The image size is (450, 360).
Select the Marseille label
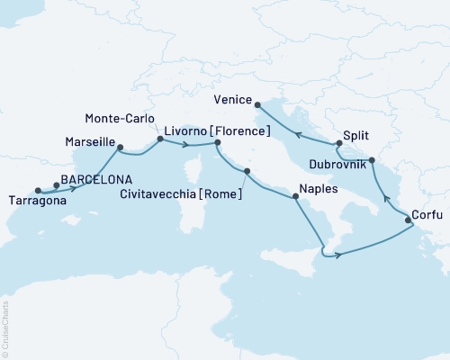point(92,142)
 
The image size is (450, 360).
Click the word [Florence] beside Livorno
point(240,132)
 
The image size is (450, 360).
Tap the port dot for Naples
point(292,197)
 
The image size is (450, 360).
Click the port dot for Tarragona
point(38,190)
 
